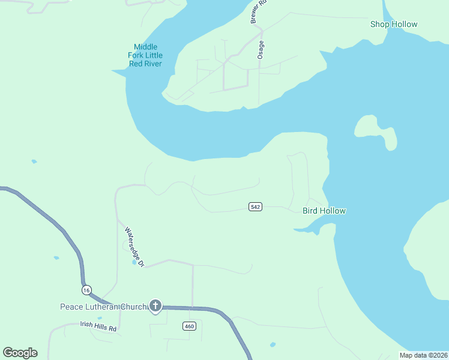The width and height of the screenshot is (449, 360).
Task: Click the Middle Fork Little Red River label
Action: [x=145, y=55]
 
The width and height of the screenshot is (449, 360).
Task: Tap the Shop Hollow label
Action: [x=394, y=24]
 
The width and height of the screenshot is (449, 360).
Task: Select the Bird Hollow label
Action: [x=324, y=211]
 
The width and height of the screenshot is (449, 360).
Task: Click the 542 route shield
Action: [x=255, y=207]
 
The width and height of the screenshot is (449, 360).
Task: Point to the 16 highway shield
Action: [x=88, y=289]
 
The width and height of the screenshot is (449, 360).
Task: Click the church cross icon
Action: [x=155, y=307]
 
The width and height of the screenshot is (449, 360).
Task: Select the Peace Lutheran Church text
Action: [x=103, y=307]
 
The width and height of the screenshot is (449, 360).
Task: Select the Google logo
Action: [x=20, y=353]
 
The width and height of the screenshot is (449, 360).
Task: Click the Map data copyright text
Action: [x=423, y=355]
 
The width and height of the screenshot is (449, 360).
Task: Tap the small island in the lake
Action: [x=375, y=131]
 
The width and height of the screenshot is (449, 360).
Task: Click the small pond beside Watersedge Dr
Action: [x=134, y=262]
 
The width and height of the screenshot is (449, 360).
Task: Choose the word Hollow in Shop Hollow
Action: [x=404, y=24]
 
